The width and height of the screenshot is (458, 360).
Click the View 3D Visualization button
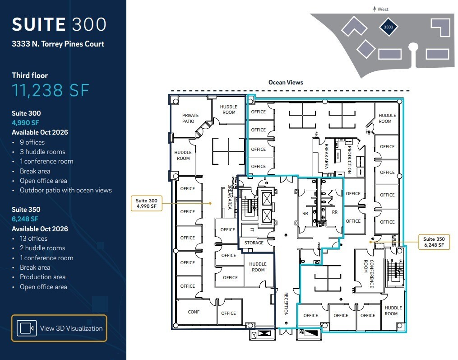point(59,328)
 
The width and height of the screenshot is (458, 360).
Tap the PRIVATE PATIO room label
point(190,118)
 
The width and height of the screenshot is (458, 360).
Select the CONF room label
point(194,312)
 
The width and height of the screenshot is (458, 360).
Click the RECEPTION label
point(286,304)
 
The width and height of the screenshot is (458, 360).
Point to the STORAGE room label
point(254,243)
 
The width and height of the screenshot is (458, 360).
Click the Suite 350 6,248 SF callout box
point(434,242)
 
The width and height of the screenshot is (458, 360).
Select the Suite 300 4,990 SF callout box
point(147,203)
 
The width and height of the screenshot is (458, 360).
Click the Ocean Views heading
point(286,82)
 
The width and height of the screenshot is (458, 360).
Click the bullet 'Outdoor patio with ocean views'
point(65,190)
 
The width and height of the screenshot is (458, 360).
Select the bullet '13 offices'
point(33,238)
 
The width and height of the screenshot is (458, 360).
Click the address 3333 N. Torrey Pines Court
point(58,44)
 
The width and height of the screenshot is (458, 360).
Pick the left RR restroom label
point(305,212)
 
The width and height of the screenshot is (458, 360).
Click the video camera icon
point(27,328)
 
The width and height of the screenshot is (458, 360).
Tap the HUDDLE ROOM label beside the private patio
point(229,110)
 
